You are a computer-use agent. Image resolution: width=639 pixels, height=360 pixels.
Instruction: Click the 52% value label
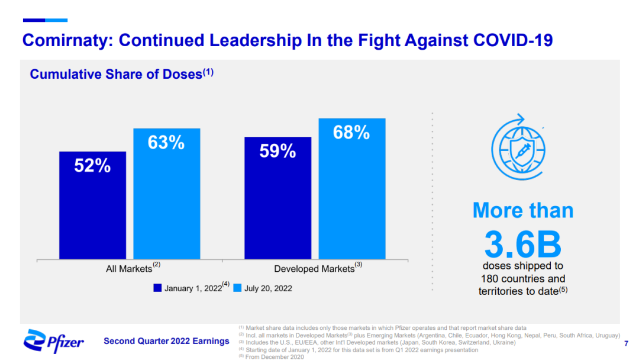pos(92,166)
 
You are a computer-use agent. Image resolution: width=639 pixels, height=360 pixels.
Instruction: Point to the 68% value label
pos(351,133)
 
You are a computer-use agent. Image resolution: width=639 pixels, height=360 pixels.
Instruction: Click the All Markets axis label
pos(129,269)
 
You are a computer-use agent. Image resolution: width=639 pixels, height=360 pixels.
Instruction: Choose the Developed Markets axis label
pos(314,269)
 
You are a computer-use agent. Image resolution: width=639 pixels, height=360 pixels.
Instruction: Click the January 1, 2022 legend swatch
pos(157,288)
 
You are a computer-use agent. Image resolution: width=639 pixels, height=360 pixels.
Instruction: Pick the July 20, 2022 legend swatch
pos(237,288)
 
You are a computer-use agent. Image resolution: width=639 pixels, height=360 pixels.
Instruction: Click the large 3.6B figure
pos(522,243)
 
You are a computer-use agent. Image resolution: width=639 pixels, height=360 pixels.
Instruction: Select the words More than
pos(523,211)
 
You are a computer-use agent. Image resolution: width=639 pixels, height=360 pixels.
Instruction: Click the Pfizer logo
pos(54,340)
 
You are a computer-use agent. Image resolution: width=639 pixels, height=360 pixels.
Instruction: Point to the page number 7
pos(626,343)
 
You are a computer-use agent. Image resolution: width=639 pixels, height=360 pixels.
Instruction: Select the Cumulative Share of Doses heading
pos(116,75)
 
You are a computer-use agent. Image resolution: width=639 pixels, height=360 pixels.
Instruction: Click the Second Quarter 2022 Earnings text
pos(166,341)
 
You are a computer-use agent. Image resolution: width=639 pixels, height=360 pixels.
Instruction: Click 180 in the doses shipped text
pos(490,279)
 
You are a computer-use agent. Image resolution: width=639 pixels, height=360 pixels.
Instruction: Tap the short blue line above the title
pos(45,20)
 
